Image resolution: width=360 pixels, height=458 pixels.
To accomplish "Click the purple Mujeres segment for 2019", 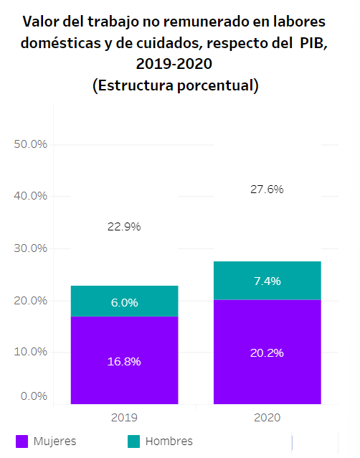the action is pos(124,360).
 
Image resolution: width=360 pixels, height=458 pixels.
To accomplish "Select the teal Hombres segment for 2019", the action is pos(124,301).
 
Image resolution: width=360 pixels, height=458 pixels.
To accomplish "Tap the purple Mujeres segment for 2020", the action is pos(267,352).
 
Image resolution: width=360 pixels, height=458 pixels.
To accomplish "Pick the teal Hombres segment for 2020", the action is pos(267,281).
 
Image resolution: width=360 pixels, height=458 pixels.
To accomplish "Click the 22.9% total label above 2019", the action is pos(124,227).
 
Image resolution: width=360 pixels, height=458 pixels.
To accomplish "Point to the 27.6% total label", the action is pos(267,190).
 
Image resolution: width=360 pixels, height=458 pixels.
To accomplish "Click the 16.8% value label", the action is pos(124,362).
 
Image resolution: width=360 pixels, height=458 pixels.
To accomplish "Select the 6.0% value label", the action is pos(125,303).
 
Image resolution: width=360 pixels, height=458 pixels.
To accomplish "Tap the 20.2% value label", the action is pos(267,353).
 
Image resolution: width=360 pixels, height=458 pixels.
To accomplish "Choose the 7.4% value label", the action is pos(267,281).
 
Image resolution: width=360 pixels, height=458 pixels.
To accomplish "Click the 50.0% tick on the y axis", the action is pos(30,144).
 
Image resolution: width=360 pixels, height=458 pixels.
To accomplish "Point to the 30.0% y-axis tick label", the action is pos(30,248).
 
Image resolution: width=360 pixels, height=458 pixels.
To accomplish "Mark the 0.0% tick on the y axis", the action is pos(34,396).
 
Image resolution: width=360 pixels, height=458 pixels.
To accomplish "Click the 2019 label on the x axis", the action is pos(124,417).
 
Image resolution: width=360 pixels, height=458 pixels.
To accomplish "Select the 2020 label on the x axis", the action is pos(267,417).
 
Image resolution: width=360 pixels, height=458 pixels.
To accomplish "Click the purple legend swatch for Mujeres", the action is pos(22,441).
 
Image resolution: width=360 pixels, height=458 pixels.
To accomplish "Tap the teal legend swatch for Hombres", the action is pos(133,441).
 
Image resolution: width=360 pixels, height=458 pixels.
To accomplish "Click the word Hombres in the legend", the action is pos(169,441).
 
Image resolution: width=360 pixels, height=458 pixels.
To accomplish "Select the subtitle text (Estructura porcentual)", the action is pos(176,85).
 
